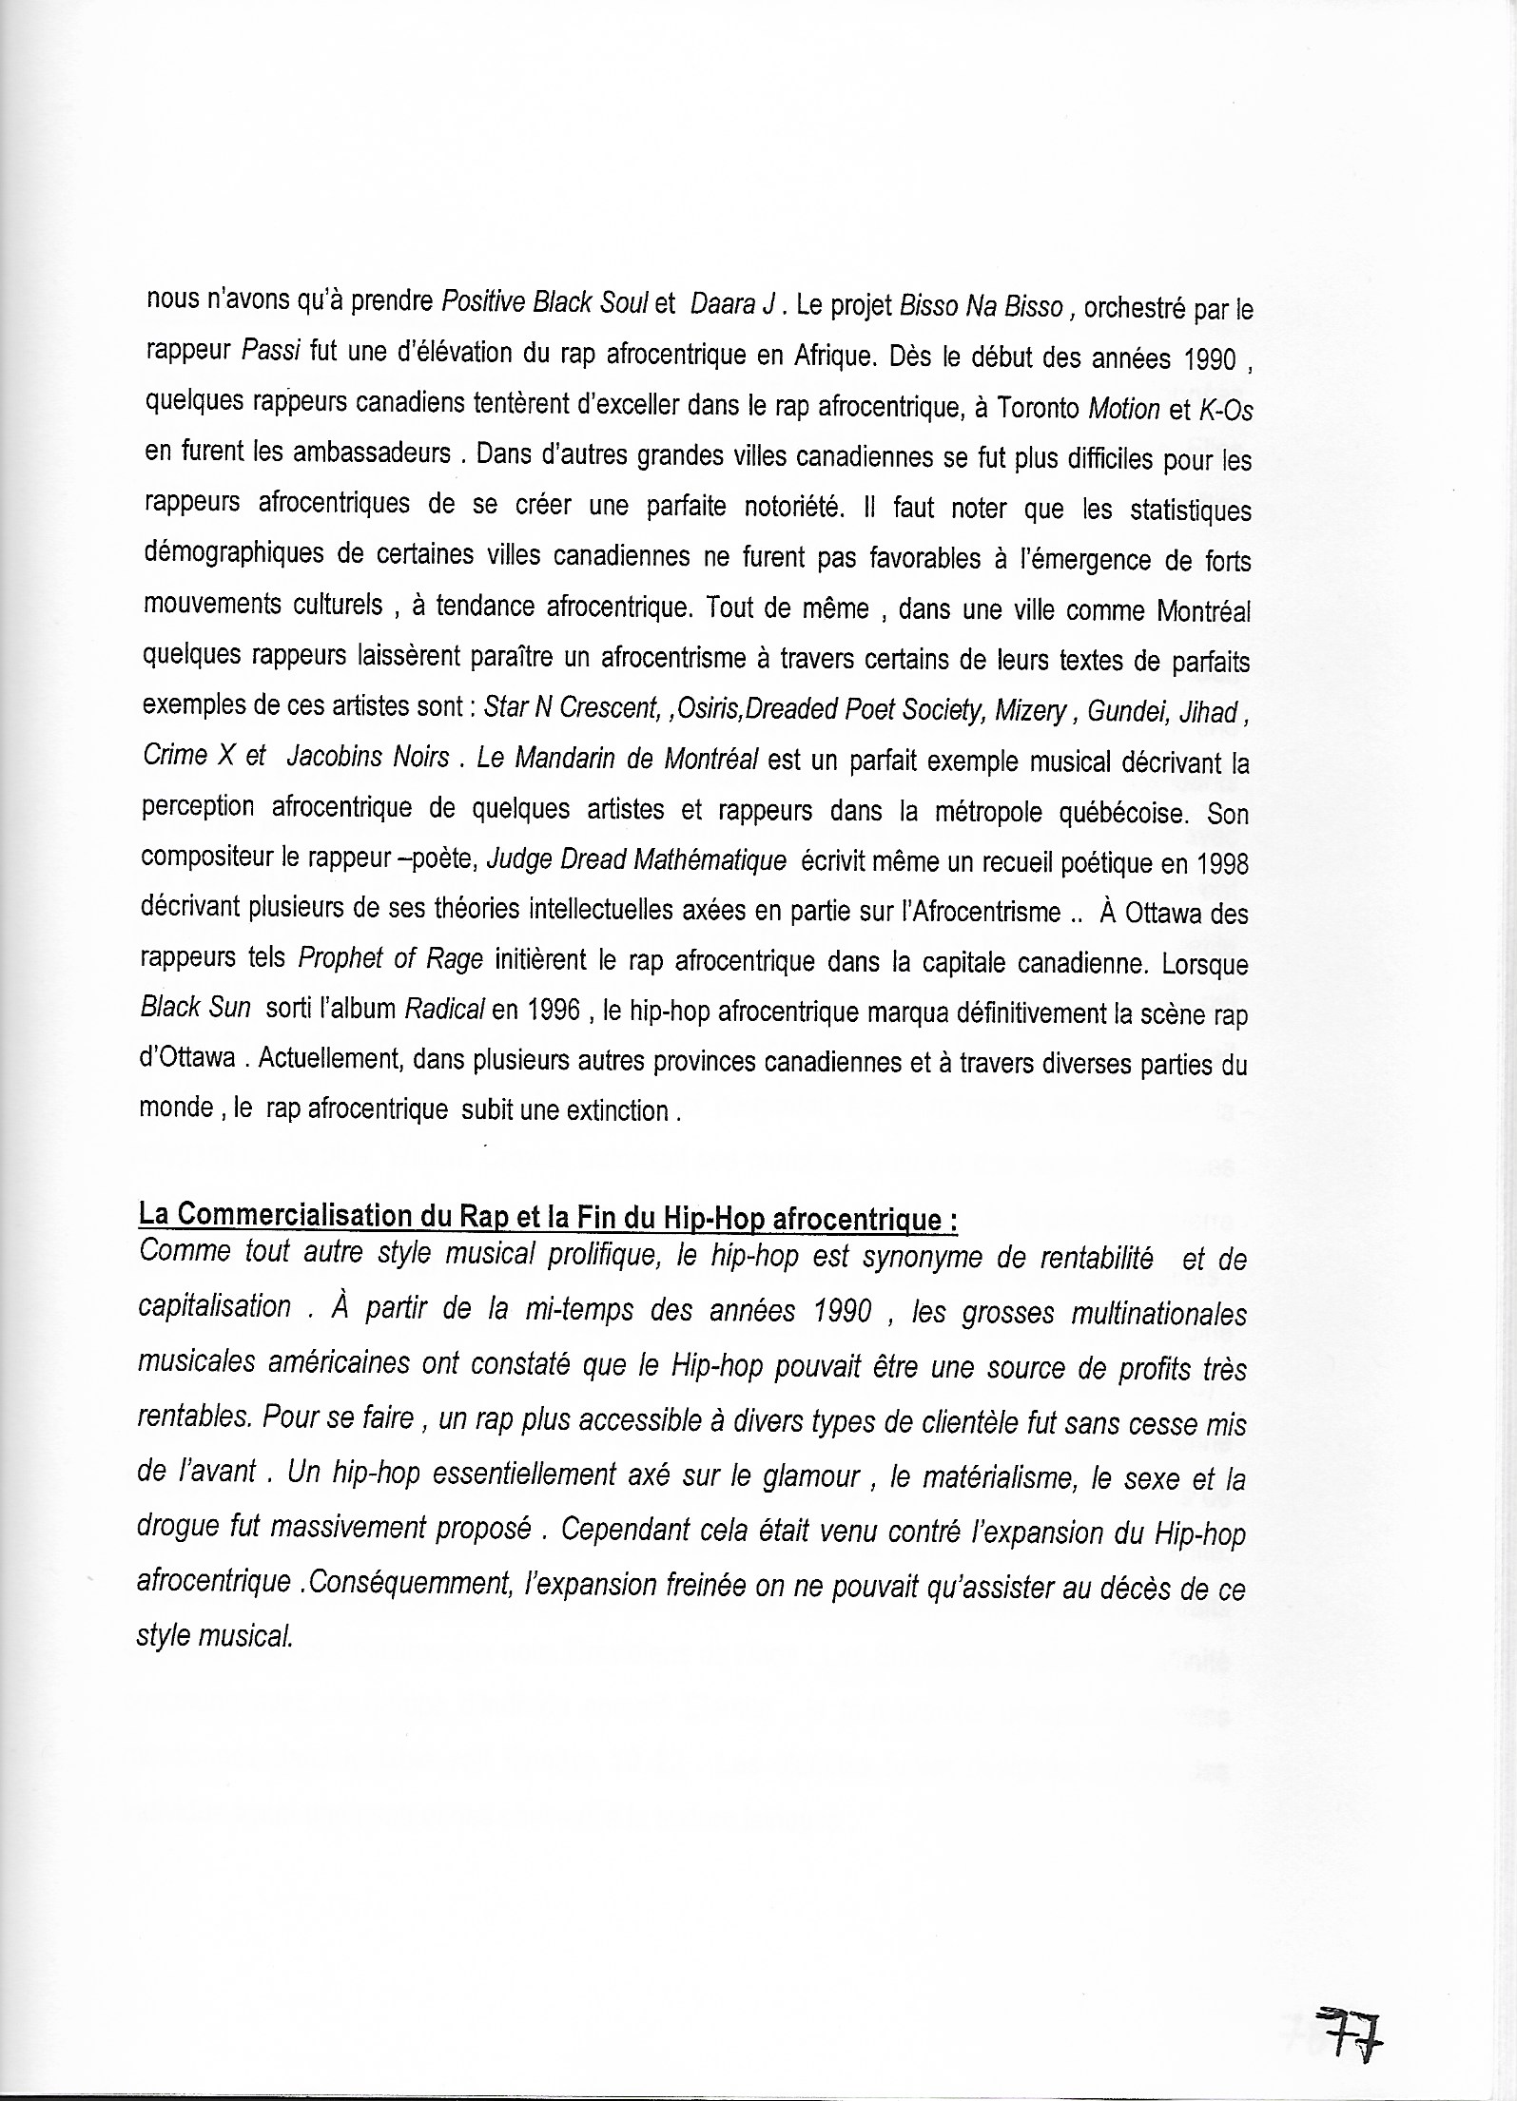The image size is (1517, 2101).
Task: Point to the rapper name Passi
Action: (271, 353)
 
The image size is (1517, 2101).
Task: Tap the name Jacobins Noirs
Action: (367, 757)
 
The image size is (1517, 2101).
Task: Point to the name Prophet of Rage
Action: (384, 959)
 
